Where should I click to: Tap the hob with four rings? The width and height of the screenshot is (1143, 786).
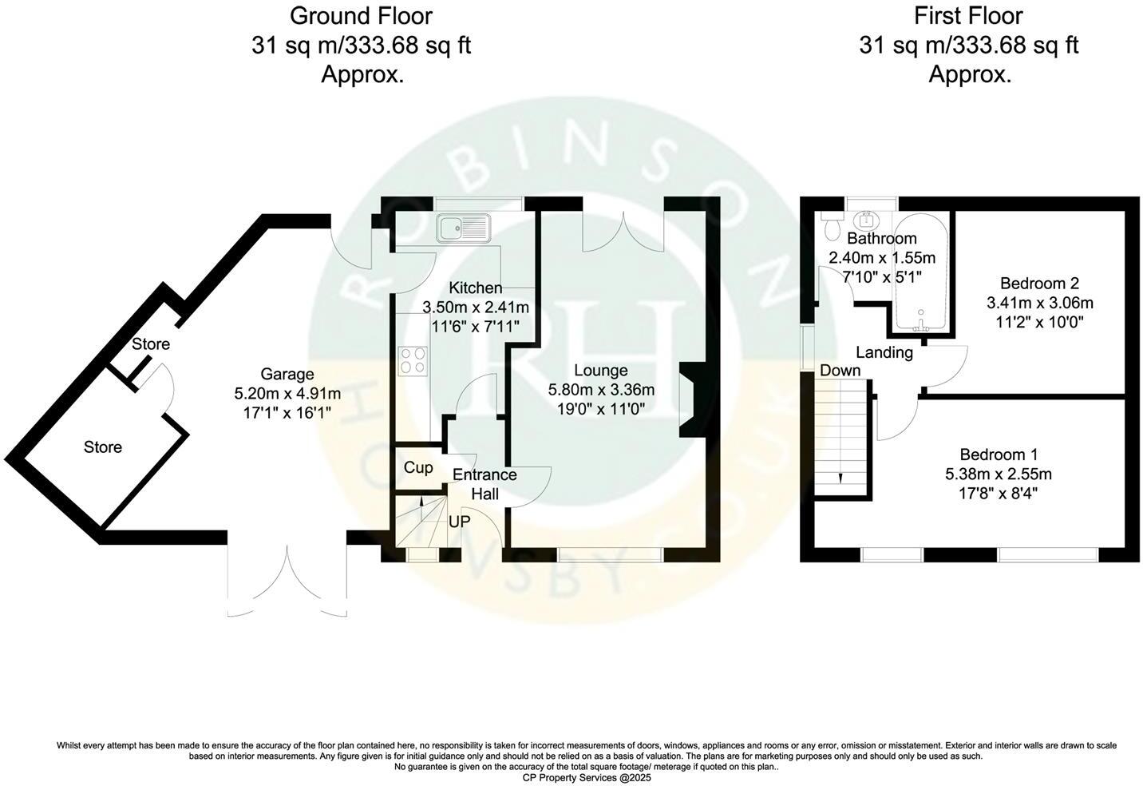(x=413, y=359)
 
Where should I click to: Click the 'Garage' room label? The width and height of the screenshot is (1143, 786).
(x=287, y=374)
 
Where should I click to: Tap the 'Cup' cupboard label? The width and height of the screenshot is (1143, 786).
(x=418, y=467)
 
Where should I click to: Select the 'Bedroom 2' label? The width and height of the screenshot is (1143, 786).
(x=1039, y=283)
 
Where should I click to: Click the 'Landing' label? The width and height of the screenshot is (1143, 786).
(x=884, y=352)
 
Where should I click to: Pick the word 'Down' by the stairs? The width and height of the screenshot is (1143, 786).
(x=840, y=371)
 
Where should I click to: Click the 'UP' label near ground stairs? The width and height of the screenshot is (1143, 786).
(x=459, y=522)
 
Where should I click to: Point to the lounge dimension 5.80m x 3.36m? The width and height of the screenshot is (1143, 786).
(x=601, y=390)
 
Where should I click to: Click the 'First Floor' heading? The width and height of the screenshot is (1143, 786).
(x=969, y=15)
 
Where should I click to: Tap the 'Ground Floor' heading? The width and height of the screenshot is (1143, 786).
(x=361, y=15)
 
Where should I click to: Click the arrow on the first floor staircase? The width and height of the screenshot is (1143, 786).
(x=840, y=477)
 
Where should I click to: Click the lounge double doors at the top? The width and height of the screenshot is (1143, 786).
(x=623, y=228)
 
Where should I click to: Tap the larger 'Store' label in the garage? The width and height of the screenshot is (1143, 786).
(x=103, y=447)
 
